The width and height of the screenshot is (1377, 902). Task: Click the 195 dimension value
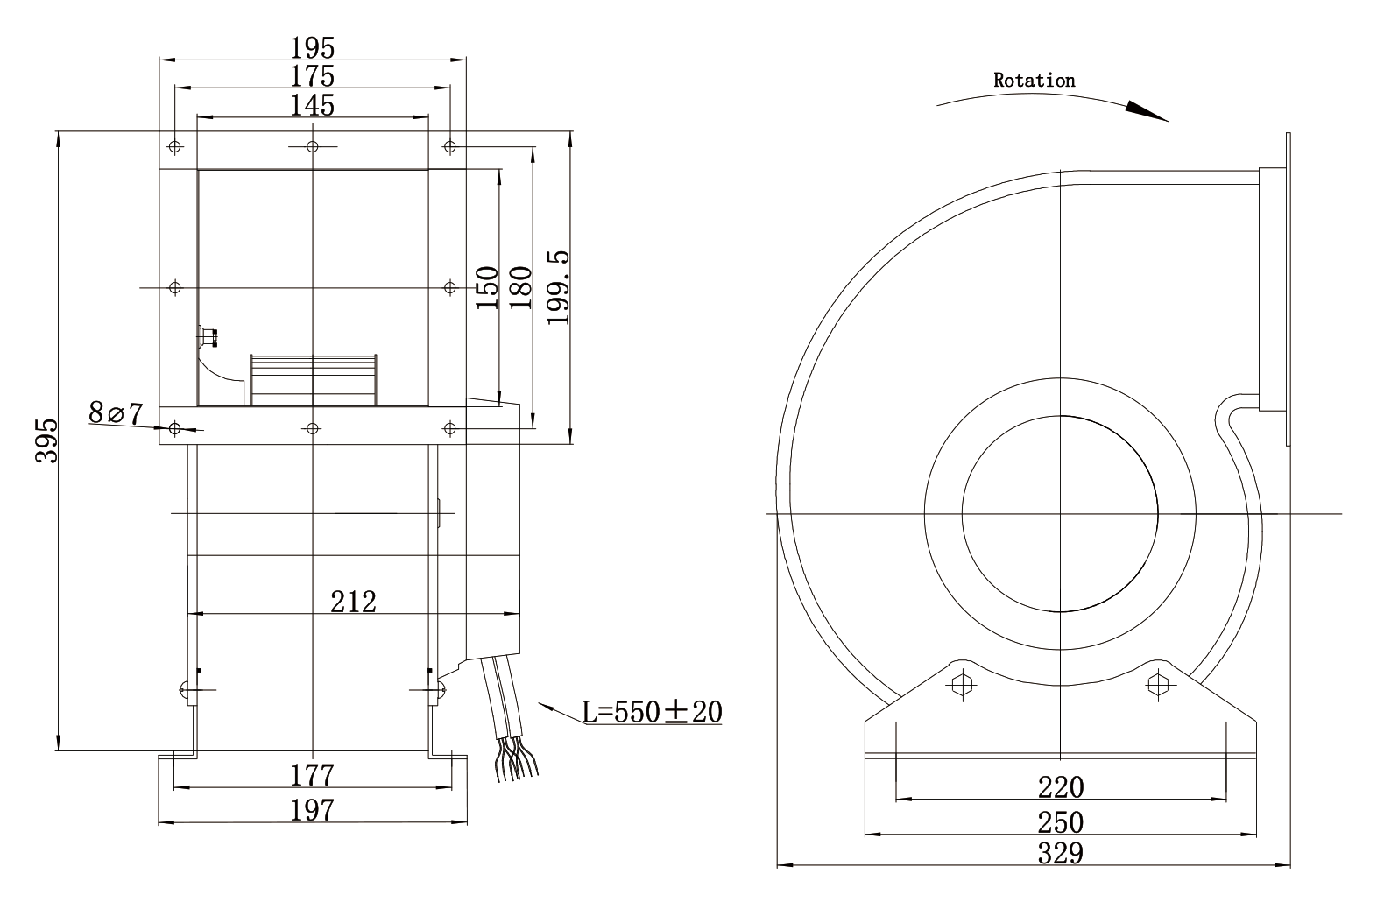tap(313, 47)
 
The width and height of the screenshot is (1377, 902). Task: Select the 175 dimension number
tap(313, 76)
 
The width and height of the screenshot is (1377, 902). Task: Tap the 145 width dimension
tap(313, 105)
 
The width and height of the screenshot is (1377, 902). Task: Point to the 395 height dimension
tap(46, 440)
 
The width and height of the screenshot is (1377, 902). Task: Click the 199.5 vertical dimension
tap(558, 287)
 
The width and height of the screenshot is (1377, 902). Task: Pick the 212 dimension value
tap(354, 602)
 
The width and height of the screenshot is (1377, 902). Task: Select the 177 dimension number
tap(313, 775)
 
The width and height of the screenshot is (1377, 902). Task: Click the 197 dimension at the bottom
tap(313, 810)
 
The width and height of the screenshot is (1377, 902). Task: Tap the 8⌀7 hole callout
tap(116, 412)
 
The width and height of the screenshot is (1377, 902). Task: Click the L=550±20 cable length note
tap(653, 711)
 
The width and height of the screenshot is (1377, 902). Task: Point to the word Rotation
tap(1034, 81)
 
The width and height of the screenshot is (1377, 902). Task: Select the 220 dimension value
tap(1061, 787)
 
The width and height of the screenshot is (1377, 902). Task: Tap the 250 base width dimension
tap(1061, 822)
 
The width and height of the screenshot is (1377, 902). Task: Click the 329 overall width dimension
tap(1061, 853)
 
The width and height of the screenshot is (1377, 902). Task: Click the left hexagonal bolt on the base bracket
tap(962, 683)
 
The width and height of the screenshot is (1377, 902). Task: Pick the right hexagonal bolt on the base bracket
tap(1158, 684)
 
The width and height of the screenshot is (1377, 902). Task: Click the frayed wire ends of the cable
tap(517, 759)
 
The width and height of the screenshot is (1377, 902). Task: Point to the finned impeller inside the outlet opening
tap(313, 380)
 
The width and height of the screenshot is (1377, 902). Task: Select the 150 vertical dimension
tap(487, 287)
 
